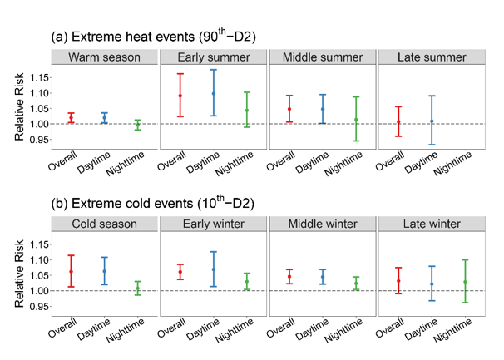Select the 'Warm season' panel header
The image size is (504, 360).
pyautogui.click(x=103, y=58)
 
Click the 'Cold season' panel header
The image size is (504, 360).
pyautogui.click(x=103, y=225)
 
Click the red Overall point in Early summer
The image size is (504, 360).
pyautogui.click(x=180, y=96)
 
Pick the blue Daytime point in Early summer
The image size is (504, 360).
pyautogui.click(x=214, y=94)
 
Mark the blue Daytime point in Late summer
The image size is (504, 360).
pyautogui.click(x=432, y=121)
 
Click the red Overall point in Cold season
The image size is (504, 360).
pyautogui.click(x=71, y=272)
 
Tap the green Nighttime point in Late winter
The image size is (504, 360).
pyautogui.click(x=466, y=282)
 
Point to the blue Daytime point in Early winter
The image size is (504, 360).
pyautogui.click(x=214, y=269)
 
